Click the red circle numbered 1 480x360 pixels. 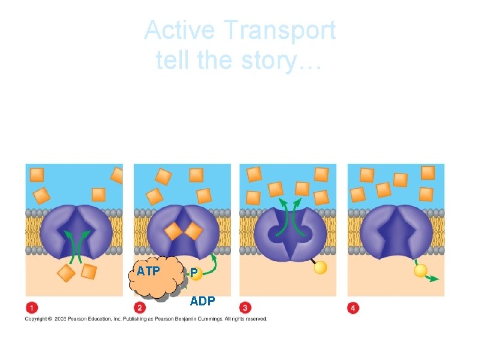click(31, 308)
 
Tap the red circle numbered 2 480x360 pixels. click(140, 308)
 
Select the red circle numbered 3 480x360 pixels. click(245, 308)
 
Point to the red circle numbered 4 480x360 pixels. click(353, 308)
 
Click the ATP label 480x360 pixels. click(148, 271)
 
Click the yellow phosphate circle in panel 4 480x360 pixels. click(421, 271)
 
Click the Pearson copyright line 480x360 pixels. click(146, 319)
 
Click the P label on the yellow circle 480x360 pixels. click(194, 273)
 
